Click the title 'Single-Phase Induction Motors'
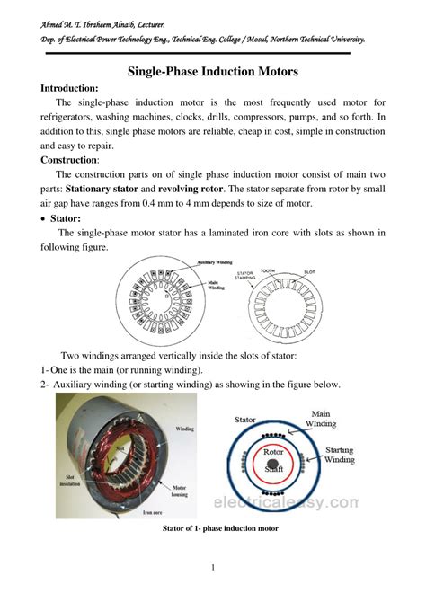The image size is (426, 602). (x=212, y=71)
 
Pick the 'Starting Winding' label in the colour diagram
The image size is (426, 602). (x=338, y=455)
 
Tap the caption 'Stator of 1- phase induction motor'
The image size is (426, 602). (x=219, y=529)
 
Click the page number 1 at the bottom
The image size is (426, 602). (x=213, y=568)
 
